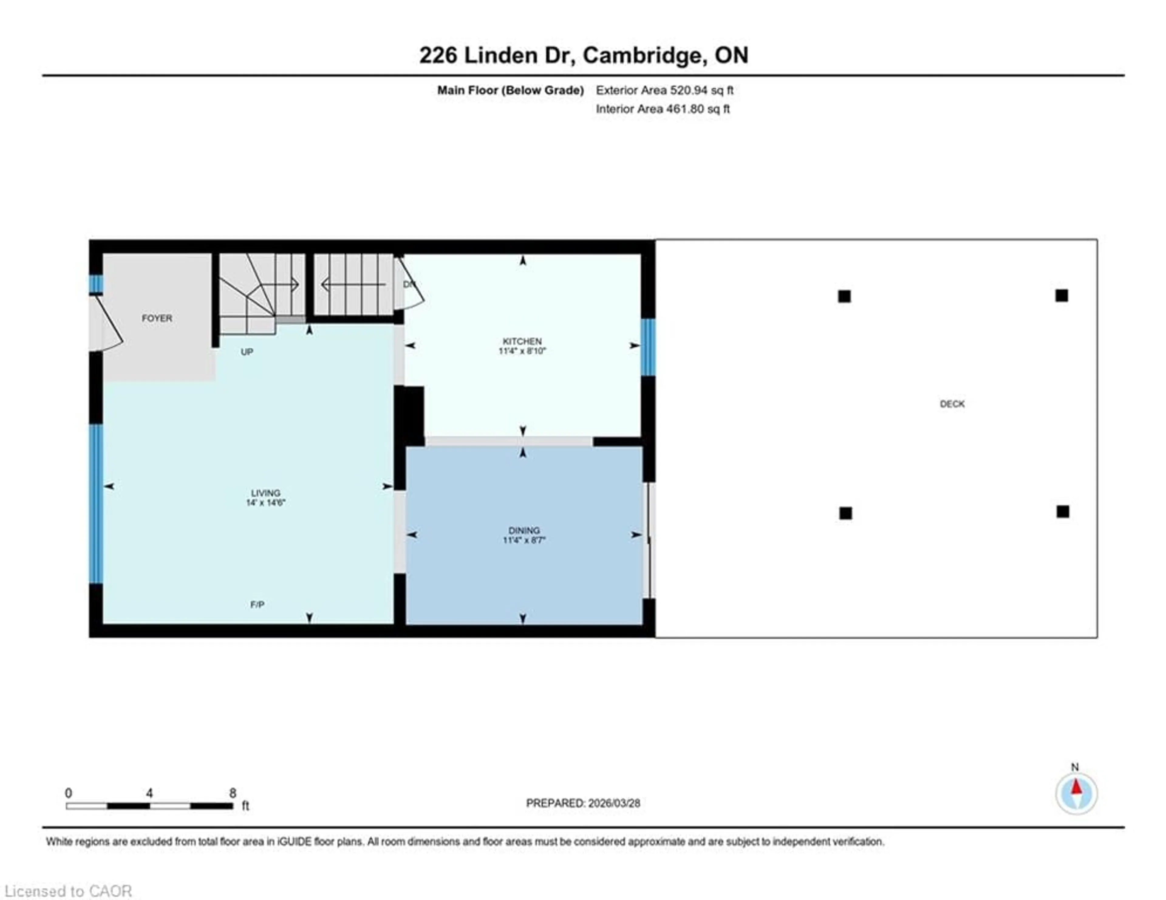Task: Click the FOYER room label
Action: [157, 318]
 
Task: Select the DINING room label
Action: [524, 530]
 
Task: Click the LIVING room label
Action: [265, 493]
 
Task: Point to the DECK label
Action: [952, 404]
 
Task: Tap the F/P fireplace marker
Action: [257, 604]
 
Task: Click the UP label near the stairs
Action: [247, 352]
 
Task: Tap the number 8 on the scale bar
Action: [233, 793]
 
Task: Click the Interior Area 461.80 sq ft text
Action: [663, 109]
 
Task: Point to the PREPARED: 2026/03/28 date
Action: [583, 803]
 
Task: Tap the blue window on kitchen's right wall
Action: [648, 347]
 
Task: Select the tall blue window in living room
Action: [96, 503]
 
